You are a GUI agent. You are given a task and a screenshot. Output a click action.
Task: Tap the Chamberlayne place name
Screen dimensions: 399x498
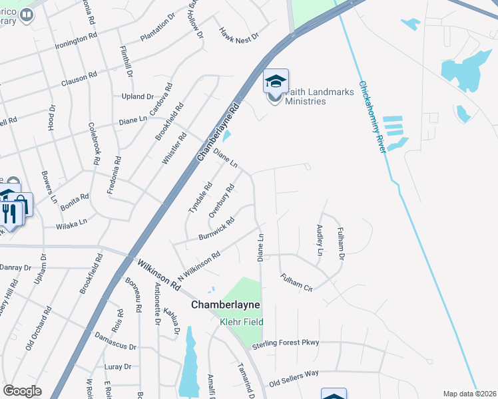coord(224,305)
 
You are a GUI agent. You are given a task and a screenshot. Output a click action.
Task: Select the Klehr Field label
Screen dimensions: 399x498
coord(242,323)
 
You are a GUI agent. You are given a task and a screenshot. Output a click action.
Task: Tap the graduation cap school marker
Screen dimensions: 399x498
coord(276,81)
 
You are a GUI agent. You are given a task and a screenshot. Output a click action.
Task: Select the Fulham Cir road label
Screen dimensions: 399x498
coord(296,283)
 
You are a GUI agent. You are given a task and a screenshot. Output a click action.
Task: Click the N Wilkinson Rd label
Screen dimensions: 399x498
coord(198,266)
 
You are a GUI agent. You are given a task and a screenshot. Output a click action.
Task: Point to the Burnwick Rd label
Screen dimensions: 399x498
coord(216,229)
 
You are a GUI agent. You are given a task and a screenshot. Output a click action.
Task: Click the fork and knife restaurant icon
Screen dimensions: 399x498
coord(9,213)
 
